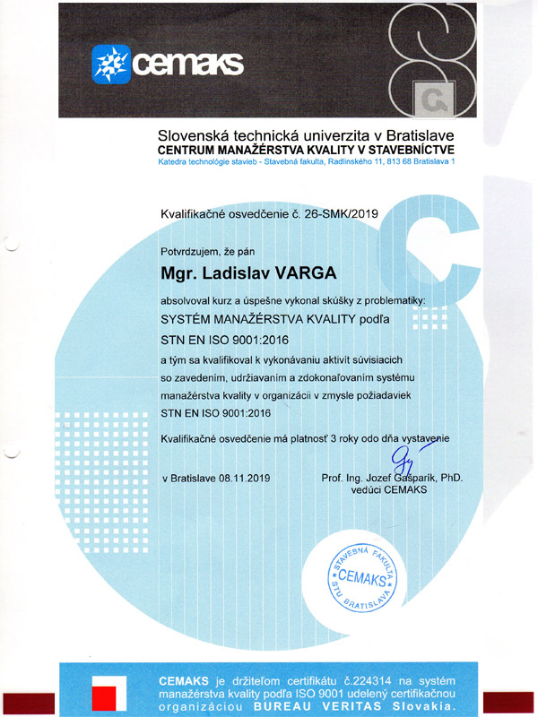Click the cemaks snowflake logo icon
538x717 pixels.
(x=111, y=63)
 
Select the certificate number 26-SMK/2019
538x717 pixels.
(x=332, y=215)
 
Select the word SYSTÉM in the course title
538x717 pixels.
(x=187, y=318)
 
